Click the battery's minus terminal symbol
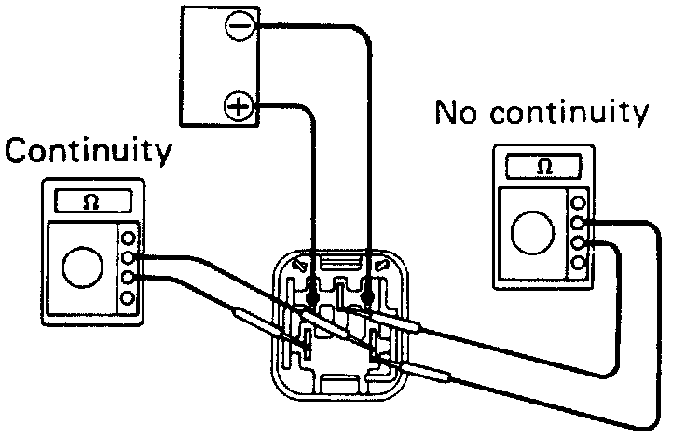pyautogui.click(x=240, y=26)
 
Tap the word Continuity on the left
pyautogui.click(x=89, y=150)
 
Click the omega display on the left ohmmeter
pyautogui.click(x=89, y=201)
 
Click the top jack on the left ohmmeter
pyautogui.click(x=129, y=238)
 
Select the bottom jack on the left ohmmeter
pyautogui.click(x=129, y=298)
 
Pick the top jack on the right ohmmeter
pyautogui.click(x=580, y=202)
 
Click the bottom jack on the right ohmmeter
pyautogui.click(x=580, y=263)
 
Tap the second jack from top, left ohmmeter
pyautogui.click(x=129, y=257)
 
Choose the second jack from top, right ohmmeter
pyautogui.click(x=580, y=223)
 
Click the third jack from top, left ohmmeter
pyautogui.click(x=129, y=278)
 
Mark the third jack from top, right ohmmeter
pyautogui.click(x=580, y=243)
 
